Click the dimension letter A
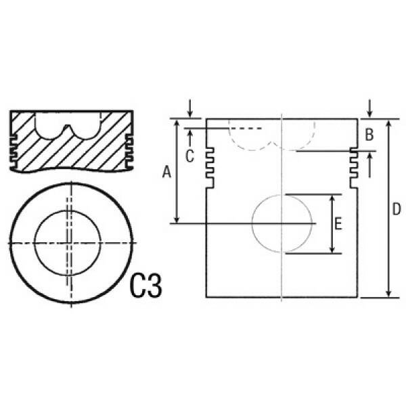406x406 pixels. pos(166,173)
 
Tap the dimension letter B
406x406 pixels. pos(369,135)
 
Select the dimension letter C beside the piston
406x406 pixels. pos(189,156)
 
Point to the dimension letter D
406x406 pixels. pos(397,209)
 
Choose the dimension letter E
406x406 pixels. pos(338,224)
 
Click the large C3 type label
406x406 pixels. pos(146,286)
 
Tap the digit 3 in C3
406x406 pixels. pos(155,286)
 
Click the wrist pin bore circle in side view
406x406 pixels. pos(252,223)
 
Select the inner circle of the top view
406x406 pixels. pos(35,243)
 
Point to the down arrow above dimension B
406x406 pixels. pos(369,108)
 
